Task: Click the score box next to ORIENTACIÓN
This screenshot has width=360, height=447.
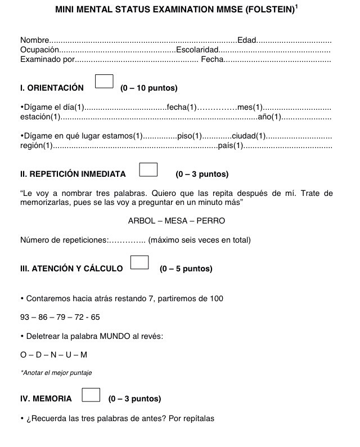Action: coord(104,82)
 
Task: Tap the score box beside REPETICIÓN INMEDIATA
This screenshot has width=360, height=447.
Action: coord(147,169)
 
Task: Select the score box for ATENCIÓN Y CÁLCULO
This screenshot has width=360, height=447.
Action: coord(139,262)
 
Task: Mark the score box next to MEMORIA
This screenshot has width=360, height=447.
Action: coord(91,395)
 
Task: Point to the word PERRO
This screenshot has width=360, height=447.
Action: coord(210,221)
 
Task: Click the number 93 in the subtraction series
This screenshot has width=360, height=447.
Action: coord(25,317)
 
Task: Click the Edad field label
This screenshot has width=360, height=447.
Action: coord(247,41)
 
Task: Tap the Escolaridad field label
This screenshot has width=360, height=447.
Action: coord(197,50)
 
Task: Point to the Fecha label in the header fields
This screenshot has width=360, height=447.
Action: coord(212,60)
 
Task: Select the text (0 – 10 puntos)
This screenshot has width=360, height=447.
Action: coord(149,88)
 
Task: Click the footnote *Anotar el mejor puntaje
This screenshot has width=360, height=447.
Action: coord(56,373)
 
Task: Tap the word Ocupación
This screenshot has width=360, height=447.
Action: coord(39,50)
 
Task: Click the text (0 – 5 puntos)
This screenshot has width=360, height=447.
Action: coord(186,269)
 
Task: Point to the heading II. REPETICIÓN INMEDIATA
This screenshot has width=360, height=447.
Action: coord(73,175)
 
